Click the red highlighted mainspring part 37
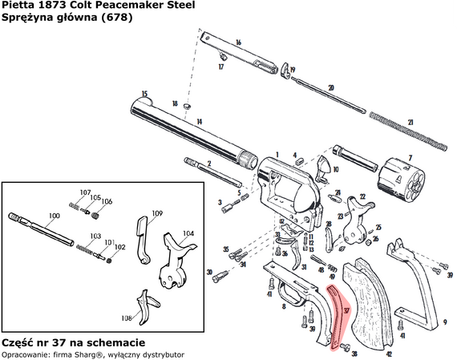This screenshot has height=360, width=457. [338, 317]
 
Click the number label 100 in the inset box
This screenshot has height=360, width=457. [54, 216]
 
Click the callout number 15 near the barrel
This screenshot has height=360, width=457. [144, 94]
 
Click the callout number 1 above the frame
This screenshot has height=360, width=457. [277, 152]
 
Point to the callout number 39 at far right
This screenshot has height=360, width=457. [450, 275]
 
